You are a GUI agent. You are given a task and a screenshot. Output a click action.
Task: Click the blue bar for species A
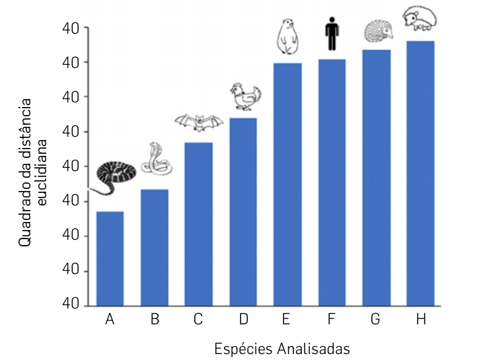click(x=110, y=258)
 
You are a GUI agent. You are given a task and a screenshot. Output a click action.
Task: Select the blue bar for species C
click(x=199, y=224)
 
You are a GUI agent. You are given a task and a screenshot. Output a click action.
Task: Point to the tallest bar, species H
click(x=421, y=173)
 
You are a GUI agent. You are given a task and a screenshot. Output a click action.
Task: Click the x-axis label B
click(x=155, y=320)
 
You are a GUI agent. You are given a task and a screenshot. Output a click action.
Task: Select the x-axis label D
click(x=243, y=320)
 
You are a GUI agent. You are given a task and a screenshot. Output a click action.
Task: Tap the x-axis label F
click(x=332, y=320)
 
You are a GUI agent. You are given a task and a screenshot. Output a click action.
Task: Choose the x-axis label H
click(x=421, y=320)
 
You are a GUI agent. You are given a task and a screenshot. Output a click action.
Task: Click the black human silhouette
click(x=332, y=36)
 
